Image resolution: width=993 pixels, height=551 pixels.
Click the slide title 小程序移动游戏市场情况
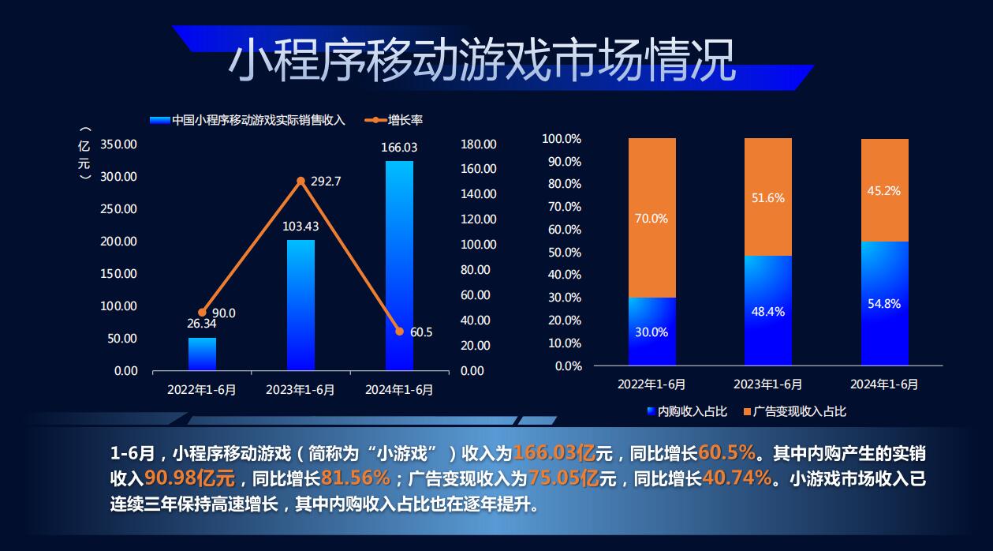(x=482, y=61)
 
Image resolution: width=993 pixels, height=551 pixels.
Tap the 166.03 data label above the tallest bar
(x=399, y=148)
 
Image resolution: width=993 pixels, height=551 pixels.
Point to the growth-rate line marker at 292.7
(x=301, y=181)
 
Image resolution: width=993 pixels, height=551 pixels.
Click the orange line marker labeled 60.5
(x=399, y=332)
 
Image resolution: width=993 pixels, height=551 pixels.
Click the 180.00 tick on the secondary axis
(x=478, y=144)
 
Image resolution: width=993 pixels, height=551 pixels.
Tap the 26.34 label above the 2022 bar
(x=202, y=324)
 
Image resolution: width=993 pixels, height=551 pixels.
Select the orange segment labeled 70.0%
(x=651, y=218)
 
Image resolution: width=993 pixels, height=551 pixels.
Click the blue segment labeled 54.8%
(x=884, y=303)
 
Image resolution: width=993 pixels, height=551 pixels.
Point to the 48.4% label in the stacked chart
(x=767, y=312)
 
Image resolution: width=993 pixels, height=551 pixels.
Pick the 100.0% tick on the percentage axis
(x=562, y=139)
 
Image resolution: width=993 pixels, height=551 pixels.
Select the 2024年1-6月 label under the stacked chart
(x=884, y=384)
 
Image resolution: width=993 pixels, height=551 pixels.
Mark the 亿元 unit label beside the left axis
(x=84, y=156)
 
